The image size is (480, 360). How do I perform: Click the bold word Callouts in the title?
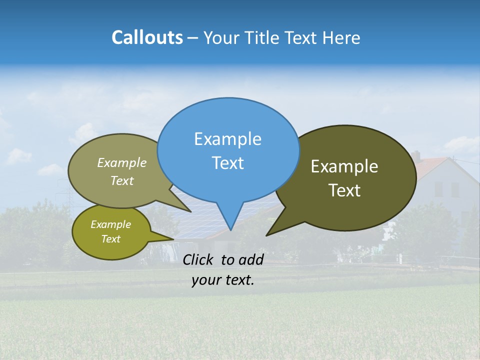tap(147, 37)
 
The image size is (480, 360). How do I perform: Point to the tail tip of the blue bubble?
tap(230, 229)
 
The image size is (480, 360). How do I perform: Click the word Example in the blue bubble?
tap(227, 139)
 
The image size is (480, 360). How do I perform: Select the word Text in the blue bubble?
tap(227, 163)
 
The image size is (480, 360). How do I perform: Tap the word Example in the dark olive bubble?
tap(344, 166)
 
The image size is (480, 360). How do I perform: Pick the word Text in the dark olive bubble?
tap(344, 190)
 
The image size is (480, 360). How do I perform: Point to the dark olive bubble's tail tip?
tap(267, 235)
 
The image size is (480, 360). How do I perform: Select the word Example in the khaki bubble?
tap(121, 163)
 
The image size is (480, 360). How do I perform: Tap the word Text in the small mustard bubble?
tap(110, 239)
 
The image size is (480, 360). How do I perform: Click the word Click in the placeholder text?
tap(198, 259)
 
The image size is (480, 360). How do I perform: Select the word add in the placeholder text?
tap(250, 259)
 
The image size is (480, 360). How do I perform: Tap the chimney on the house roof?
tap(415, 156)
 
